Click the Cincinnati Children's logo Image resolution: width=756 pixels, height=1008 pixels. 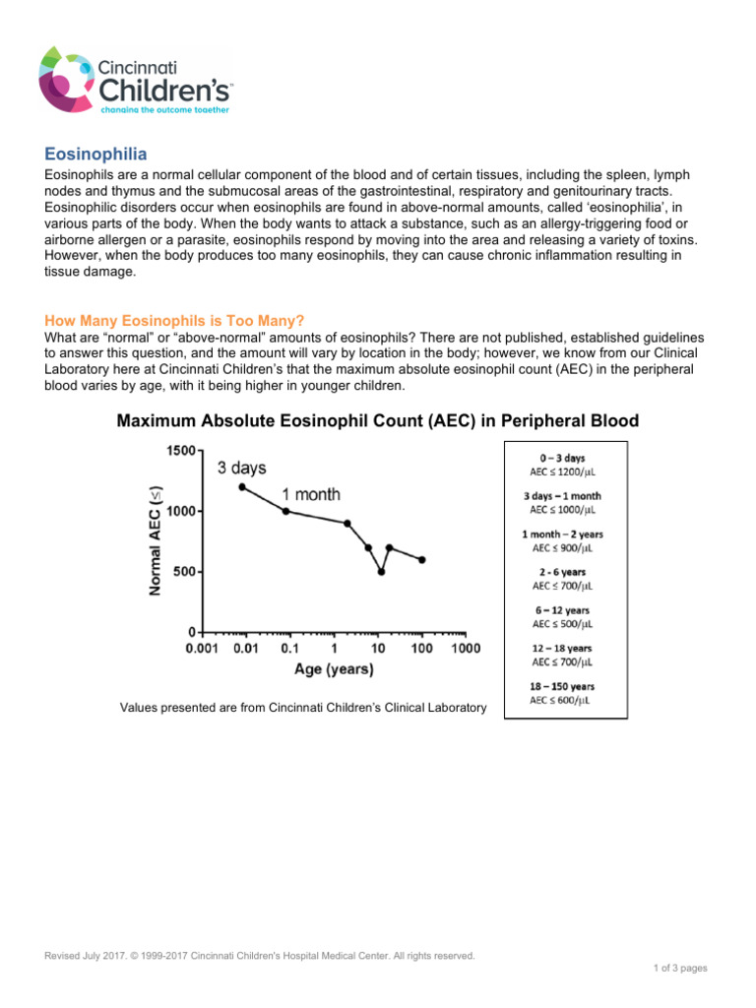tap(136, 80)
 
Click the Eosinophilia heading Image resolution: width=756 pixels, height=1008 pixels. tap(96, 154)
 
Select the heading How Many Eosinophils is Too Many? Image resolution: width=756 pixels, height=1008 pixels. tap(175, 321)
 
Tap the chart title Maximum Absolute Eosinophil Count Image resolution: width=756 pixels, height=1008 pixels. tap(377, 421)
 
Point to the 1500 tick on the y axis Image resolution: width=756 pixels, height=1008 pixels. tap(180, 451)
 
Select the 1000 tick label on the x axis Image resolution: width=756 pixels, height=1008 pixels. tap(466, 649)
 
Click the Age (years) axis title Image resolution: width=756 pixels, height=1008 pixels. tap(334, 670)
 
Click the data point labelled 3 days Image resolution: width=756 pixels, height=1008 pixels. tap(242, 486)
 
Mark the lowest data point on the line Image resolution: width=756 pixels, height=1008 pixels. tap(381, 571)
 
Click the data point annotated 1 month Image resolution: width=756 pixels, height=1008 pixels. tap(285, 511)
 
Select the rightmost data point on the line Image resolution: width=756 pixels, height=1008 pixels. tap(422, 559)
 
